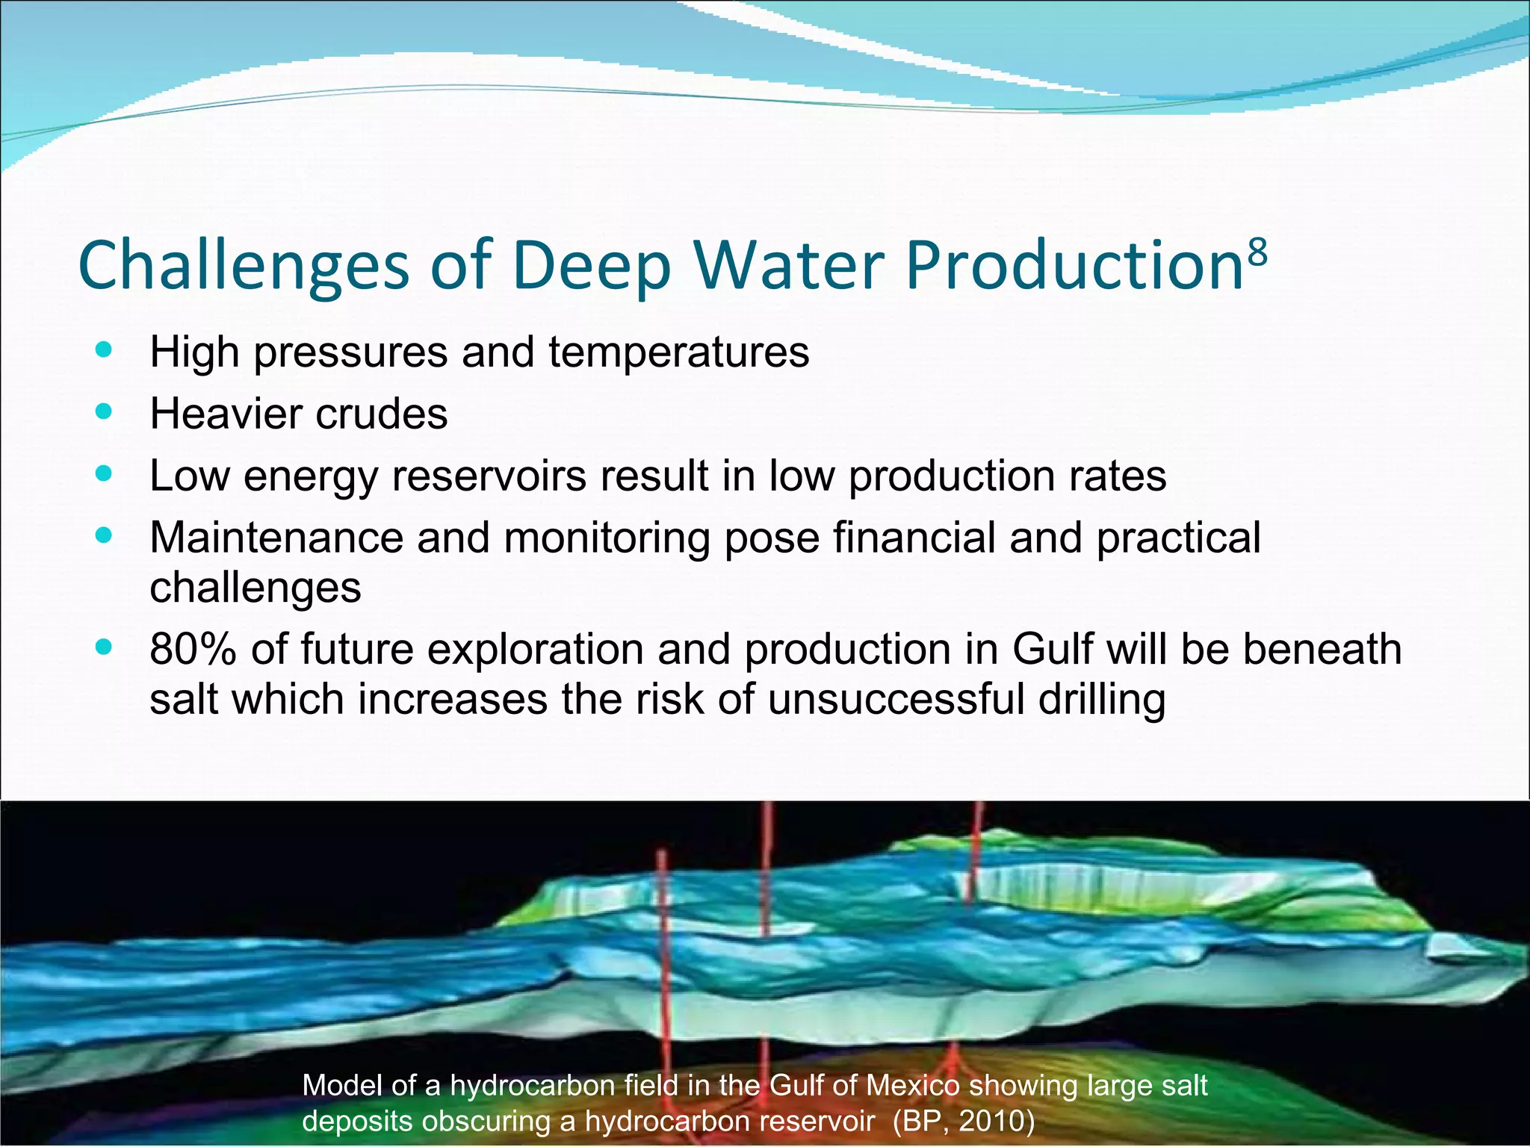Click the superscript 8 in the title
(x=1258, y=253)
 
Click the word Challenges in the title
(x=244, y=266)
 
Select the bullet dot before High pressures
(x=104, y=349)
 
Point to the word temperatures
(x=678, y=352)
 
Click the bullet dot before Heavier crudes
(x=104, y=411)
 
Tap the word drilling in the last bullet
(x=1101, y=699)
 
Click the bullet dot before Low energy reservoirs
(x=104, y=473)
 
